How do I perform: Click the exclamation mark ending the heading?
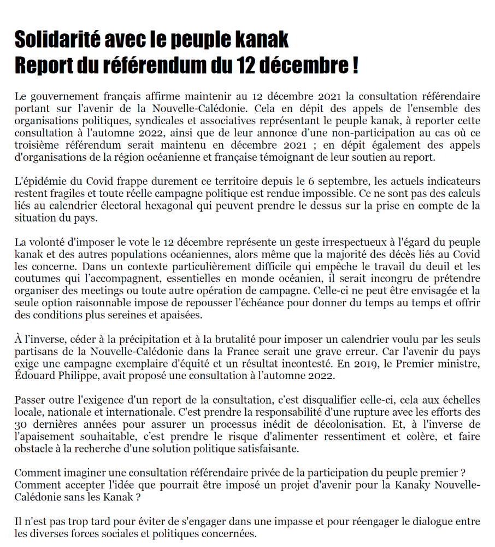click(x=355, y=66)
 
